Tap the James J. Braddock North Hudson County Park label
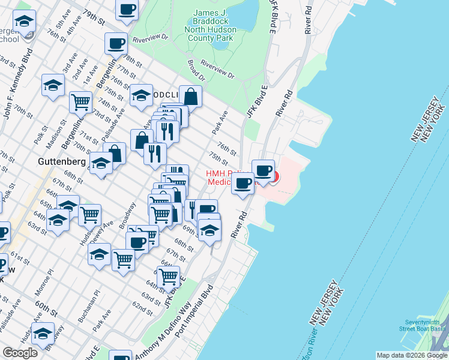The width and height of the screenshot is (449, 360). tap(214, 26)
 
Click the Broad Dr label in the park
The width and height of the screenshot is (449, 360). tap(196, 70)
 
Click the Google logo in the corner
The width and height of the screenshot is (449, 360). tap(20, 353)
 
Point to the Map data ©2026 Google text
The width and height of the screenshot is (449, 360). tap(411, 355)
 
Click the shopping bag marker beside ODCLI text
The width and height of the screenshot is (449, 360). tap(190, 96)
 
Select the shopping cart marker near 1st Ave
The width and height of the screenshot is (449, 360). tap(80, 101)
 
